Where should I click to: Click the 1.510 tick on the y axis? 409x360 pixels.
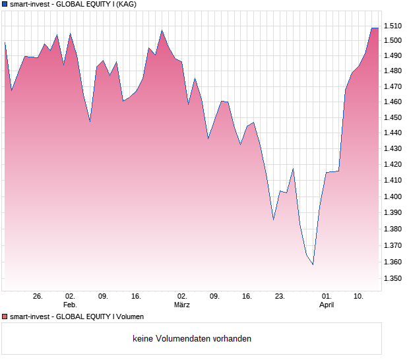pyautogui.click(x=393, y=26)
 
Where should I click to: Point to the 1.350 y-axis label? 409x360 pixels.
pyautogui.click(x=393, y=278)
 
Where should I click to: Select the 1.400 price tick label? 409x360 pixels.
pyautogui.click(x=393, y=196)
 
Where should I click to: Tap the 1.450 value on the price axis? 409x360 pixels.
pyautogui.click(x=393, y=117)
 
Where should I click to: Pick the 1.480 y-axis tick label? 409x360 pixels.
pyautogui.click(x=393, y=71)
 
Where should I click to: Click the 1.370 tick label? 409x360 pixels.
pyautogui.click(x=393, y=245)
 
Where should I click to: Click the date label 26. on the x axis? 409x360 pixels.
pyautogui.click(x=38, y=297)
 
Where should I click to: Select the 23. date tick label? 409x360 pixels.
pyautogui.click(x=280, y=297)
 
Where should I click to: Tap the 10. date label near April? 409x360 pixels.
pyautogui.click(x=358, y=297)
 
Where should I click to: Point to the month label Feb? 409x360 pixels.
pyautogui.click(x=70, y=305)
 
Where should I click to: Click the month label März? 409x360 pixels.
pyautogui.click(x=182, y=305)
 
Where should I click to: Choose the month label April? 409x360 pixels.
pyautogui.click(x=327, y=305)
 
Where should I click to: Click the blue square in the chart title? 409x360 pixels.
pyautogui.click(x=5, y=5)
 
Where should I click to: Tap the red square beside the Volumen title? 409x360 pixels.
pyautogui.click(x=5, y=317)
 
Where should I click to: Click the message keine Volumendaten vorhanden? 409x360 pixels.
pyautogui.click(x=192, y=339)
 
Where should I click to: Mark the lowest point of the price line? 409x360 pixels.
pyautogui.click(x=313, y=264)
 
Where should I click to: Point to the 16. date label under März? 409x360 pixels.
pyautogui.click(x=247, y=297)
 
